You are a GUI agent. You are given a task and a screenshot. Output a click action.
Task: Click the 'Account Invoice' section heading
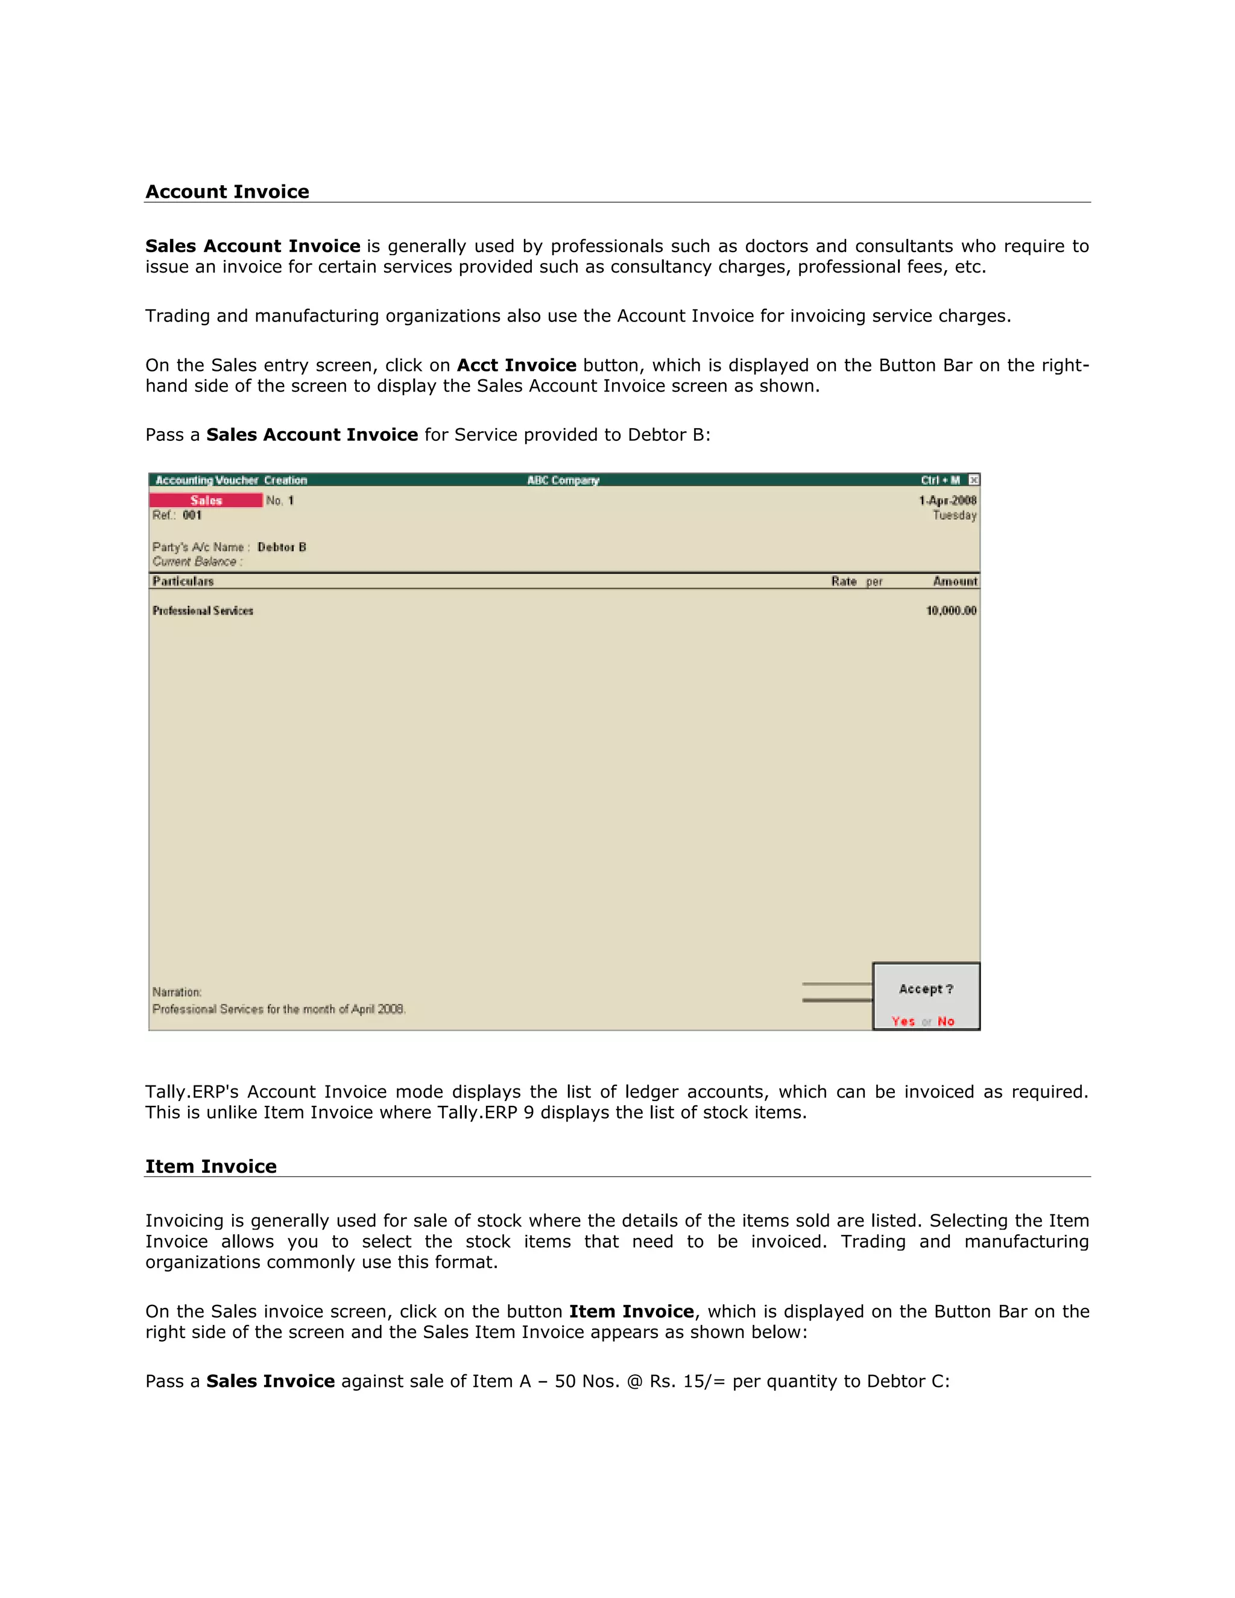pyautogui.click(x=227, y=192)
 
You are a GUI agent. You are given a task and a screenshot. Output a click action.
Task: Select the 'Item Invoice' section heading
pyautogui.click(x=210, y=1166)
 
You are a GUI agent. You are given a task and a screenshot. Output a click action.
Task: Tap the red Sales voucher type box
pyautogui.click(x=206, y=501)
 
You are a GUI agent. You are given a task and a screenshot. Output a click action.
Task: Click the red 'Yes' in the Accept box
pyautogui.click(x=903, y=1022)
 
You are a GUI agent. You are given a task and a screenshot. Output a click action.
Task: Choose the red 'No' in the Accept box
pyautogui.click(x=946, y=1022)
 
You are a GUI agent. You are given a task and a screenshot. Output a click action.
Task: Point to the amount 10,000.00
pyautogui.click(x=951, y=611)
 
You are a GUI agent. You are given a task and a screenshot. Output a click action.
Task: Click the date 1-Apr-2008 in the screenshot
pyautogui.click(x=947, y=501)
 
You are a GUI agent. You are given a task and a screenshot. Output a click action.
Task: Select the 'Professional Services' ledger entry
pyautogui.click(x=203, y=611)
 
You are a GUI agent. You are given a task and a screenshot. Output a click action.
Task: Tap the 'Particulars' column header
pyautogui.click(x=183, y=582)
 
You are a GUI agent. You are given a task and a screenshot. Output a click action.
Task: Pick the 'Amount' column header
pyautogui.click(x=955, y=582)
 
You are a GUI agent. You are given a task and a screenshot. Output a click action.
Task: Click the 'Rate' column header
pyautogui.click(x=844, y=582)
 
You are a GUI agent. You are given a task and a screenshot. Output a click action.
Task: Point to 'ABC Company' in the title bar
pyautogui.click(x=563, y=481)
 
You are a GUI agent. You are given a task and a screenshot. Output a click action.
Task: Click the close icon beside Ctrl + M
pyautogui.click(x=974, y=480)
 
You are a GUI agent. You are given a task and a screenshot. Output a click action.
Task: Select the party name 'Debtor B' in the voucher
pyautogui.click(x=282, y=548)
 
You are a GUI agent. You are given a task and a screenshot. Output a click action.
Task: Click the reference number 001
pyautogui.click(x=192, y=515)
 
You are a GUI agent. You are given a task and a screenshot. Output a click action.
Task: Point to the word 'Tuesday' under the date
pyautogui.click(x=954, y=515)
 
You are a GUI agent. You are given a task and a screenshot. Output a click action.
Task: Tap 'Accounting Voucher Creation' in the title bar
pyautogui.click(x=231, y=481)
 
